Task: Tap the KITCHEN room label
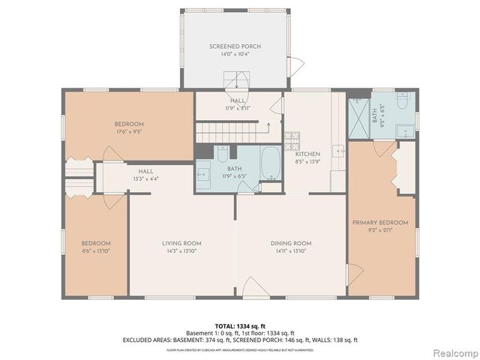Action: click(x=307, y=154)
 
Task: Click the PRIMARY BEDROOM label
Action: click(x=381, y=223)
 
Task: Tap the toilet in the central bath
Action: click(x=223, y=156)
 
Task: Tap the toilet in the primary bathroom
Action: click(x=403, y=103)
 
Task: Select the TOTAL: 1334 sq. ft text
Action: click(x=240, y=326)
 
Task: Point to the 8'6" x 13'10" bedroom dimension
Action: click(x=96, y=251)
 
